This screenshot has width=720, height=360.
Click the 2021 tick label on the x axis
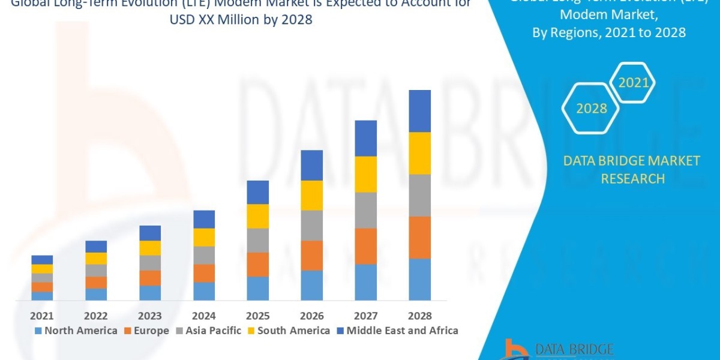42,316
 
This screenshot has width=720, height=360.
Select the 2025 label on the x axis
258,316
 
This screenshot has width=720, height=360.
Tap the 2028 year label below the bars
419,316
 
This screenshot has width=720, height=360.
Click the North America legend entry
76,331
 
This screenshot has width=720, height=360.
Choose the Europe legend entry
146,331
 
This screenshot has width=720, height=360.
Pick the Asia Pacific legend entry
208,331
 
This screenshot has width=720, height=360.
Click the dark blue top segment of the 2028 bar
419,111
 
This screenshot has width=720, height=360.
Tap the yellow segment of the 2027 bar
365,174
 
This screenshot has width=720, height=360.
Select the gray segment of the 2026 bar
311,225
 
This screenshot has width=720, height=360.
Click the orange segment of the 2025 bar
258,264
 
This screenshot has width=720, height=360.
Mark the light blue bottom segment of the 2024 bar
204,291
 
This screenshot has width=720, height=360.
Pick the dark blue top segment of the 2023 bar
150,233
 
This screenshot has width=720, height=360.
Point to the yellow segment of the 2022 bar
96,258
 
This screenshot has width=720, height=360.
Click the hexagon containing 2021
633,83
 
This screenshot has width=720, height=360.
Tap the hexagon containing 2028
591,109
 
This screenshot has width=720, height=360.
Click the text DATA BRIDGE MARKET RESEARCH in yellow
632,170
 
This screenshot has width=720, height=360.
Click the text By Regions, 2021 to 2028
608,32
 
